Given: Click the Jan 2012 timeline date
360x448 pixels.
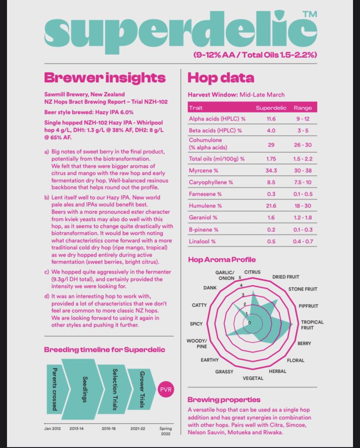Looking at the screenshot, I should click(x=53, y=428).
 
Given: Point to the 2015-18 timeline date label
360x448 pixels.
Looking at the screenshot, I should click(x=109, y=428).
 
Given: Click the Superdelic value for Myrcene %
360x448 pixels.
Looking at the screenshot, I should click(x=271, y=171).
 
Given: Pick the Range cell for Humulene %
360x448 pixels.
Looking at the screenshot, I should click(x=303, y=206).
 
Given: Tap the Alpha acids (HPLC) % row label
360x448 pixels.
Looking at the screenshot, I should click(x=217, y=119).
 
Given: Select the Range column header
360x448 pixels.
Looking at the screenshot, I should click(x=303, y=107).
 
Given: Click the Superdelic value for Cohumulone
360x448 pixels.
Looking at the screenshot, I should click(x=271, y=144).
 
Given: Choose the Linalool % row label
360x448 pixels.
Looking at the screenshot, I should click(x=208, y=241).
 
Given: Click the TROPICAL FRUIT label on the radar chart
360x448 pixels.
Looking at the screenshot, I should click(x=312, y=325).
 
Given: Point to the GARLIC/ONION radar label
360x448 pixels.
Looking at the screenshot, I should click(x=225, y=275).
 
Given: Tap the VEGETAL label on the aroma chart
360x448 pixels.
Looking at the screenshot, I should click(x=253, y=378).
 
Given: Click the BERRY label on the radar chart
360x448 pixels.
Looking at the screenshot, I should click(x=304, y=344).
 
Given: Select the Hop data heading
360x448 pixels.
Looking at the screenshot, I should click(x=220, y=78).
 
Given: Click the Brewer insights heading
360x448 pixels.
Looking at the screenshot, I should click(x=105, y=78).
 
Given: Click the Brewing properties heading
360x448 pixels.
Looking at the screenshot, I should click(x=224, y=399).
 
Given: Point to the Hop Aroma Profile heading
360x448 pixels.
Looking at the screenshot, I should click(x=222, y=260).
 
